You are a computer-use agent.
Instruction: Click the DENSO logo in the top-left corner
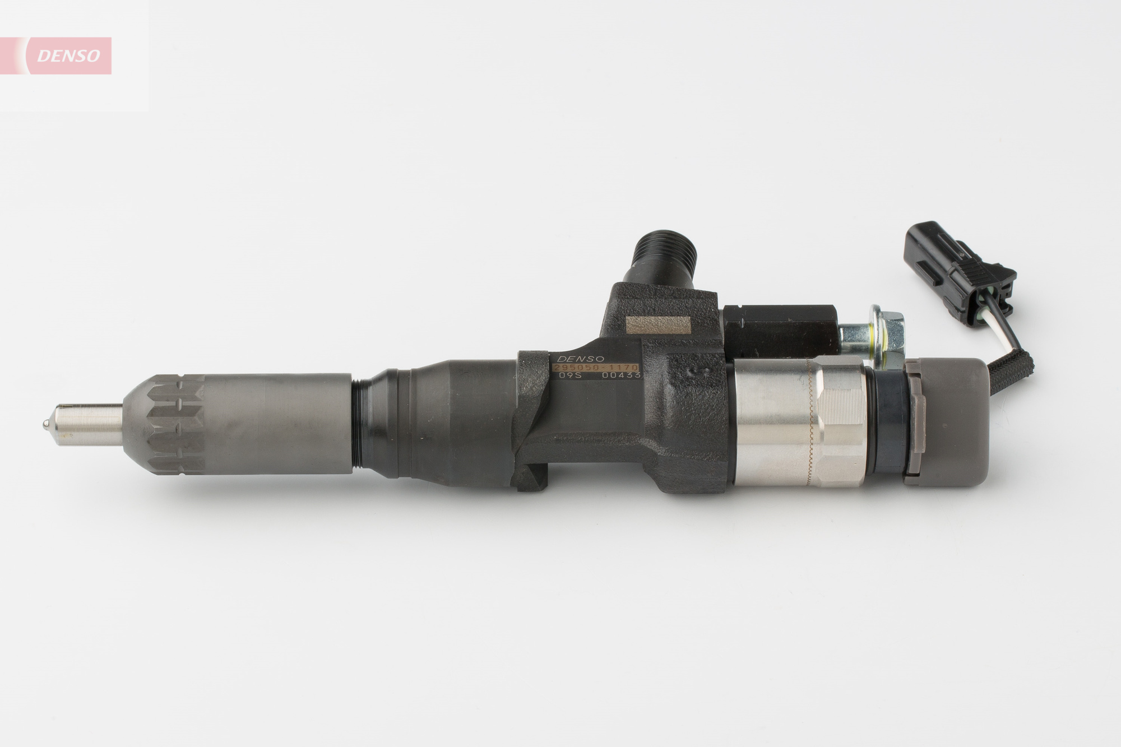(68, 55)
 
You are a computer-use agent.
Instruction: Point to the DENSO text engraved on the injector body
(578, 358)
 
